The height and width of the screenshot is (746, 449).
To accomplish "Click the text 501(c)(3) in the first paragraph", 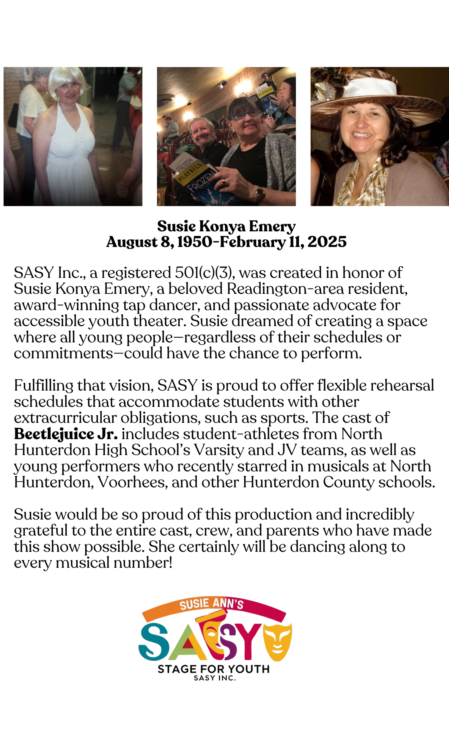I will pos(203,273).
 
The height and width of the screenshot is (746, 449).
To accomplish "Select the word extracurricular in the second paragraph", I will pos(65,418).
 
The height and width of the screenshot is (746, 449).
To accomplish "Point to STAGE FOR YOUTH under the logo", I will pos(214,669).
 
